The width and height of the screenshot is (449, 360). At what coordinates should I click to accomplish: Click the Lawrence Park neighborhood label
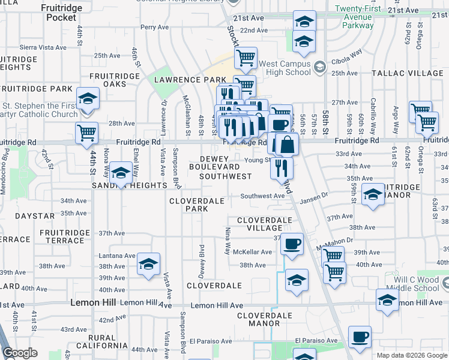[190, 80]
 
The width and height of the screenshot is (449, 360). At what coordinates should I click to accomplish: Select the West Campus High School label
[285, 68]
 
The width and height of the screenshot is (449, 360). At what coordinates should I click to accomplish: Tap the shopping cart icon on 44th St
[87, 133]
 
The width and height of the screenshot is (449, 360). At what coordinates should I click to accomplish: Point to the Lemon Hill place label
[93, 302]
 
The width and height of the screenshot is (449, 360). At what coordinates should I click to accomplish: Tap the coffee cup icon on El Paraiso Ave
[360, 338]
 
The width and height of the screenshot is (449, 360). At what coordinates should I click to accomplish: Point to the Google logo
[20, 353]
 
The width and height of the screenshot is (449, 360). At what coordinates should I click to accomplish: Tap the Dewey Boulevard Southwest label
[225, 167]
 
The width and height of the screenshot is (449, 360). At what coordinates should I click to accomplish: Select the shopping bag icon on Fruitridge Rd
[287, 145]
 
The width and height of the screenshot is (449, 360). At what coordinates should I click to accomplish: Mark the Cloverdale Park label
[196, 205]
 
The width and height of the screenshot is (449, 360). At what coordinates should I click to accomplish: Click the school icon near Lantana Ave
[148, 264]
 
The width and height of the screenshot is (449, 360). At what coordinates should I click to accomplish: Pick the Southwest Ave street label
[262, 196]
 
